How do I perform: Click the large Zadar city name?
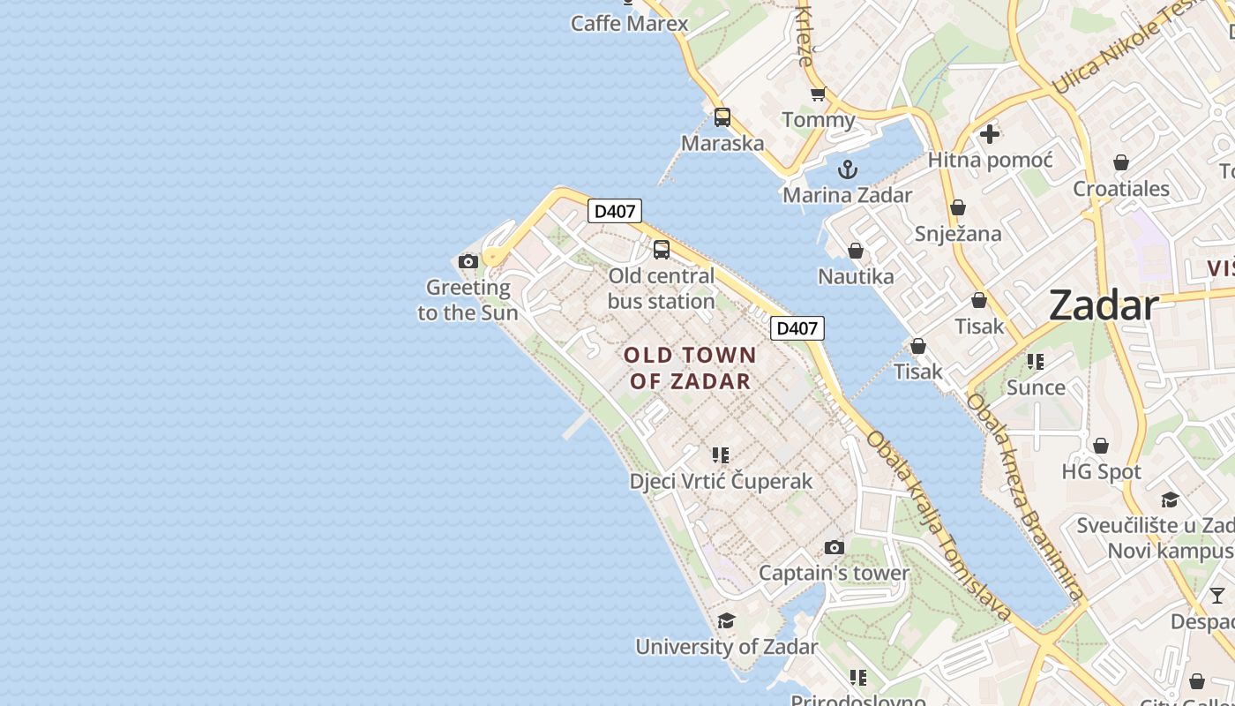(x=1103, y=305)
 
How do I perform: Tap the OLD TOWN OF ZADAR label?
(x=690, y=368)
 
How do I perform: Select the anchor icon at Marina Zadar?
(x=847, y=169)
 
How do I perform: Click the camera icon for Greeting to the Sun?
(x=468, y=261)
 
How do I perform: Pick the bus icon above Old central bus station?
(x=662, y=250)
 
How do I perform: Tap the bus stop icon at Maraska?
(x=722, y=116)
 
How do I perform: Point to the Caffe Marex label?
(x=629, y=23)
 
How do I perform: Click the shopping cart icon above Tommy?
(x=818, y=94)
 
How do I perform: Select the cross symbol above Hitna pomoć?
(x=990, y=134)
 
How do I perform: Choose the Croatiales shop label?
(x=1120, y=188)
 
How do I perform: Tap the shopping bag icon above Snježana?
(x=958, y=207)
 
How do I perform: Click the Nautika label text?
(x=856, y=276)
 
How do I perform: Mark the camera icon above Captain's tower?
(x=834, y=548)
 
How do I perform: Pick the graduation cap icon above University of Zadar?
(x=726, y=621)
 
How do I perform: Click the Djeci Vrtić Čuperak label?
(x=721, y=481)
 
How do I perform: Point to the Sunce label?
(x=1036, y=387)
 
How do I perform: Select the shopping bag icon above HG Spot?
(x=1101, y=446)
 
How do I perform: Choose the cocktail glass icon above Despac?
(x=1217, y=596)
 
